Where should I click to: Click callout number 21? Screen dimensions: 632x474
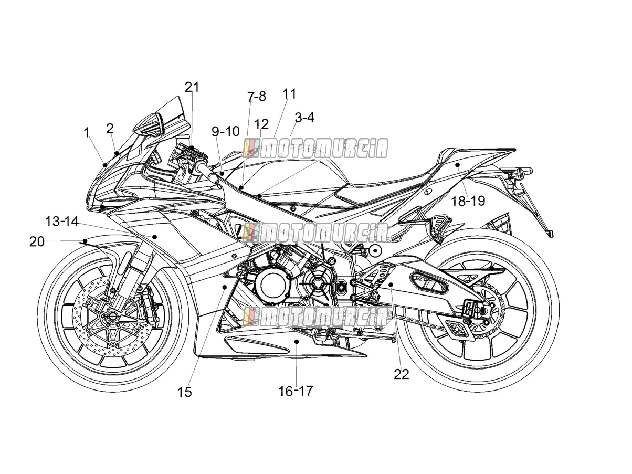tap(192, 87)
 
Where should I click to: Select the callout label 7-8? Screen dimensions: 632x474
tap(257, 97)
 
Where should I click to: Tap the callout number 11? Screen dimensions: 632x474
tap(289, 94)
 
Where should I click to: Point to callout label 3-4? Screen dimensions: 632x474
tap(304, 118)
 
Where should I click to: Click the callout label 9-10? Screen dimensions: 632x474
tap(225, 132)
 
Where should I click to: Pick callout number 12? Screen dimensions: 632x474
tap(261, 124)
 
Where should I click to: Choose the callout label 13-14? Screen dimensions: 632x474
tap(62, 222)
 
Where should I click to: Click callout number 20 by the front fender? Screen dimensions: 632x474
tap(37, 242)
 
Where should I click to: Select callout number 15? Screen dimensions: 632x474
tap(185, 392)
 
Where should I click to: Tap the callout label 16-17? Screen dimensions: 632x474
tap(296, 391)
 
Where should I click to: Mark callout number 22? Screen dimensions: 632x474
tap(402, 374)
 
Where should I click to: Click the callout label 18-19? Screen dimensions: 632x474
tap(468, 201)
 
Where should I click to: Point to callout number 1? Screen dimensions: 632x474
tap(87, 133)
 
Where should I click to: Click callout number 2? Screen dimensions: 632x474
tap(110, 129)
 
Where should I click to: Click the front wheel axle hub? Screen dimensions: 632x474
tap(112, 317)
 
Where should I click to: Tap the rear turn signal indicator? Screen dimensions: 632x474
tap(523, 172)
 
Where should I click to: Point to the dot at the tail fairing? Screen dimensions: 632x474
tap(458, 165)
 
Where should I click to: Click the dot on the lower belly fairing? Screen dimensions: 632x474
tap(297, 341)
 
